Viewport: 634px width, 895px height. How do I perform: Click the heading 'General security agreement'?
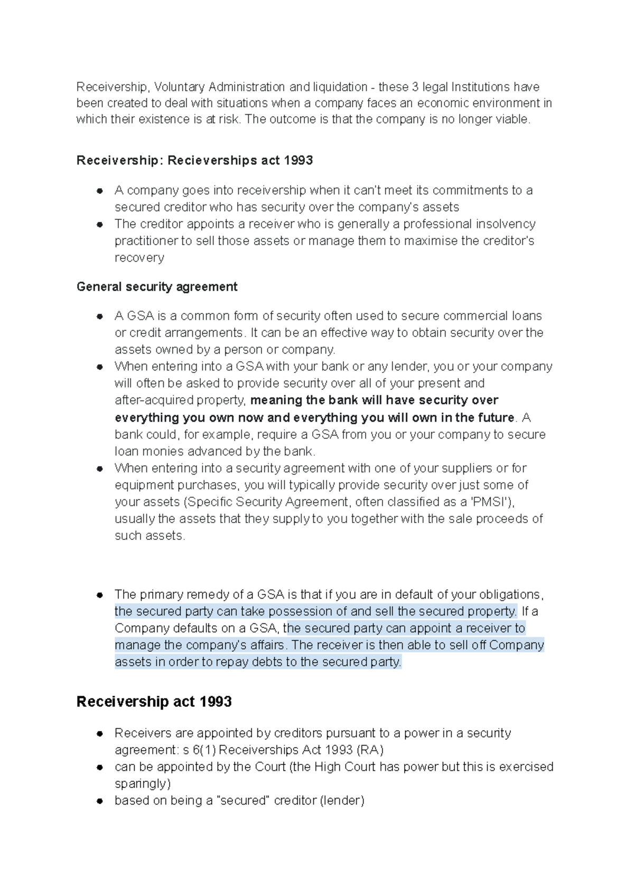157,286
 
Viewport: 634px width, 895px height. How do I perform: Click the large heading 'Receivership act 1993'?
154,702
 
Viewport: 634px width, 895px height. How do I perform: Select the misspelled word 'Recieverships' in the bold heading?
206,160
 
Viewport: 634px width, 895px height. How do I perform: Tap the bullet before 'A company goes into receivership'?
99,191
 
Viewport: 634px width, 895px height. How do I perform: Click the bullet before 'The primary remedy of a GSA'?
99,595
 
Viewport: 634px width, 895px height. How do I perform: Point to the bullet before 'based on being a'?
99,801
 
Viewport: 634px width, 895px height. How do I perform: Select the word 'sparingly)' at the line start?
143,784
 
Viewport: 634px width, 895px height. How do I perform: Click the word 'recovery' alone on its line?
139,258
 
